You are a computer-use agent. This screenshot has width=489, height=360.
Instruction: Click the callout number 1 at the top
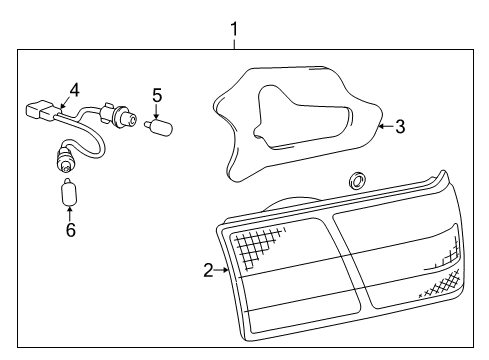[235, 29]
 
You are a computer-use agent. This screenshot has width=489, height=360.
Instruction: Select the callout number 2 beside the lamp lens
[208, 270]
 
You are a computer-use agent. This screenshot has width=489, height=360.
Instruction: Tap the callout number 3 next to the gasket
[400, 127]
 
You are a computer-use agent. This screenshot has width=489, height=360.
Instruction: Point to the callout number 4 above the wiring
[74, 90]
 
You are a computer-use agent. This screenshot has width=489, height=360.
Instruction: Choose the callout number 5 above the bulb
[157, 95]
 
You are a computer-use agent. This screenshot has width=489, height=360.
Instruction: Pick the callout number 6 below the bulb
[71, 230]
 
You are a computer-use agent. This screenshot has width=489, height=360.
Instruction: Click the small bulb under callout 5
[158, 127]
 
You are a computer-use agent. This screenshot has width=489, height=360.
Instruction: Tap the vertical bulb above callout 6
[69, 193]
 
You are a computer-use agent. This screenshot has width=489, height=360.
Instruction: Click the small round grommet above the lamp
[357, 180]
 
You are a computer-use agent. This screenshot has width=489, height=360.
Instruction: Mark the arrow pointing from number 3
[386, 126]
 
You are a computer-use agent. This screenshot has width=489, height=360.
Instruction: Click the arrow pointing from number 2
[221, 270]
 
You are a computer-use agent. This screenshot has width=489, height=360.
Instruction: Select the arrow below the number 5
[157, 111]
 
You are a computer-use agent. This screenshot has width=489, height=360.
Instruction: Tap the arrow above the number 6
[69, 214]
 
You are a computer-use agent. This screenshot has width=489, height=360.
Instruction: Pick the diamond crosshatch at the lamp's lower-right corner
[440, 283]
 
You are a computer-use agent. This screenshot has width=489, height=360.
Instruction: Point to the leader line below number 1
[235, 44]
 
